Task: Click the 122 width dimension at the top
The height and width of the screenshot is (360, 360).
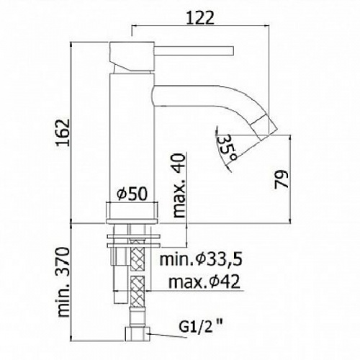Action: point(200,18)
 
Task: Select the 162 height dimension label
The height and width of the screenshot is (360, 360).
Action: point(63,132)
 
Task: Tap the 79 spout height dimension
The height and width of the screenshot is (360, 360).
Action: point(281,179)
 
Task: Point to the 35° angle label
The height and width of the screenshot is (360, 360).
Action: point(228,148)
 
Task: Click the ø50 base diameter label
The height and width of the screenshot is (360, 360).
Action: point(132,194)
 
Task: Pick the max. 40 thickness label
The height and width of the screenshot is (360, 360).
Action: point(179,185)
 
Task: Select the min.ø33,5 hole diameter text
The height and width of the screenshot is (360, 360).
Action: point(201,260)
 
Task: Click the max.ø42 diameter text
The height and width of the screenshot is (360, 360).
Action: point(204,282)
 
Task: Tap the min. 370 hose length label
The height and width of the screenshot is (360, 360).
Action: point(63,282)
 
